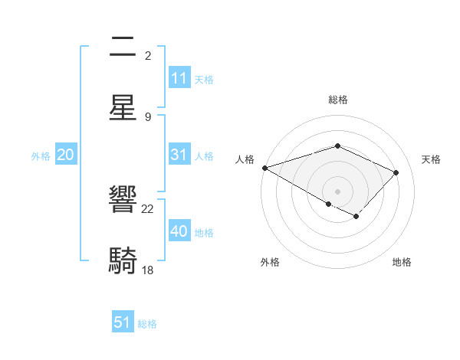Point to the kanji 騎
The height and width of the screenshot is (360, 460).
123,260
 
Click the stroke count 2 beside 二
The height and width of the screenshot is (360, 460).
148,55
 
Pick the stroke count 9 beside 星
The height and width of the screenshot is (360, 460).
148,116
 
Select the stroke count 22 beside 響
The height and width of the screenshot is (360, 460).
148,208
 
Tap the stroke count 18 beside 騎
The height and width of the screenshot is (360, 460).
148,270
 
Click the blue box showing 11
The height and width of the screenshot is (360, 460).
179,78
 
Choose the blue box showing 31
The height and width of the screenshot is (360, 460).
179,155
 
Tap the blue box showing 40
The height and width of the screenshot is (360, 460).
179,231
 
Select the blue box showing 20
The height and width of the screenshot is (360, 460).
65,155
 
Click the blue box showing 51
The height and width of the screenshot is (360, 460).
123,322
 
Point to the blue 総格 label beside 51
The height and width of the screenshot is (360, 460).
147,324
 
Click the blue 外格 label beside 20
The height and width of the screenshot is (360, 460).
41,156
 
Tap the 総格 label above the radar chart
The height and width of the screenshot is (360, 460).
337,100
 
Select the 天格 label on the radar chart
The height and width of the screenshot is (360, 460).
431,159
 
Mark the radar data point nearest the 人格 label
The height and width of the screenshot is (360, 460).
264,167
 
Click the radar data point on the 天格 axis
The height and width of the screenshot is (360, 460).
396,172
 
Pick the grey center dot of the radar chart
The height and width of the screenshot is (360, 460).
337,191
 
